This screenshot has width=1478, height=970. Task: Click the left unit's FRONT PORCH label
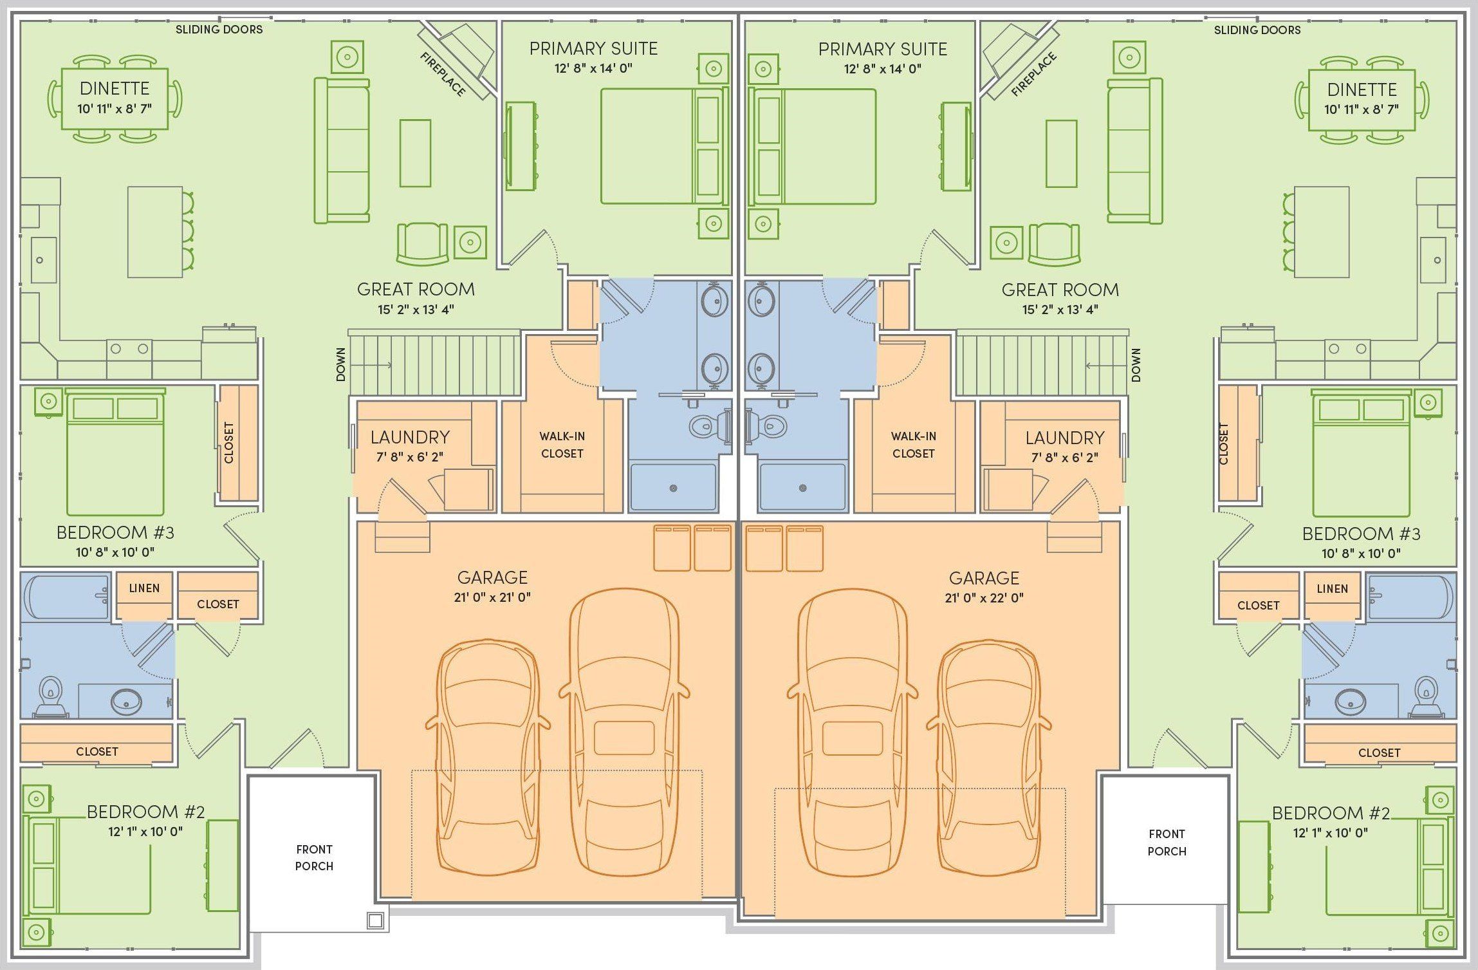coord(314,858)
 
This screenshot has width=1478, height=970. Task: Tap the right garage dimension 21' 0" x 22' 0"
coord(984,598)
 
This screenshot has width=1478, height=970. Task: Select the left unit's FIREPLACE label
coord(443,75)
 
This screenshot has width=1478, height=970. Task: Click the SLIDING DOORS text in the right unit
coord(1257,30)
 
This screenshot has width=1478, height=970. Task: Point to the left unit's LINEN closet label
coord(144,588)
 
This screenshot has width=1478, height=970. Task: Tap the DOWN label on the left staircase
coord(341,364)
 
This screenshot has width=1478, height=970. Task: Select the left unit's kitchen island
coord(154,232)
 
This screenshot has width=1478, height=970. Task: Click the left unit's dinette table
coord(115,98)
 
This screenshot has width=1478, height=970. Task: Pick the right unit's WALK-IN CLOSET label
coord(913,445)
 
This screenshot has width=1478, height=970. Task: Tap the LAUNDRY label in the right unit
coord(1064,438)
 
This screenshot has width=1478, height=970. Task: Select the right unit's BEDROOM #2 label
coord(1331,813)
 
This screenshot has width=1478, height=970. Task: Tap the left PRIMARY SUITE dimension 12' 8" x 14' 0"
coord(593,68)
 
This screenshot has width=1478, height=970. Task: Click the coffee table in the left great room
coord(415,153)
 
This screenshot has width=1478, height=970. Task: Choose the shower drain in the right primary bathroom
coord(803,489)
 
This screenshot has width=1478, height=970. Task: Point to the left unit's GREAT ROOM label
coord(416,290)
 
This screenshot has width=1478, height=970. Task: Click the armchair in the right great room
coord(1054,243)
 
